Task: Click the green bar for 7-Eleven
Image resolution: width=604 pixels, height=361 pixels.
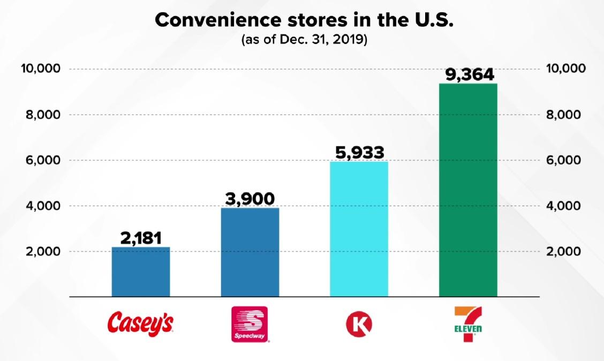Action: tap(468, 190)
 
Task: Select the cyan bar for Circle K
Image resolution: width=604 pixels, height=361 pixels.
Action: tap(359, 229)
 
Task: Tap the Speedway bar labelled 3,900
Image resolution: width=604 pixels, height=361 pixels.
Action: tap(250, 252)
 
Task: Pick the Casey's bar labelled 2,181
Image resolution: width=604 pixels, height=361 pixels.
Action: tap(141, 271)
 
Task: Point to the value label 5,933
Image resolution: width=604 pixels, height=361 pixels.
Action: tap(359, 152)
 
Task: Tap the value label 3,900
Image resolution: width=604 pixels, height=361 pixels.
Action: tap(250, 199)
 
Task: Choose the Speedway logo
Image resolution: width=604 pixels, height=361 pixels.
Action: tap(250, 324)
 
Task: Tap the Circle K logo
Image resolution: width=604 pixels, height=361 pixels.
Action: tap(359, 324)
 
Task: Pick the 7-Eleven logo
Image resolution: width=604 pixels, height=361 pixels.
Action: tap(467, 324)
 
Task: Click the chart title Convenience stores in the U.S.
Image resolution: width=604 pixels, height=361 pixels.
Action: tap(304, 20)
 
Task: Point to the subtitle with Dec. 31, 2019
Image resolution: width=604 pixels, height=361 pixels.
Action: tap(304, 40)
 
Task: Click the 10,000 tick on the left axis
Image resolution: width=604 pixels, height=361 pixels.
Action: tap(41, 69)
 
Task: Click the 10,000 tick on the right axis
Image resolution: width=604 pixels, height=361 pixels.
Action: tap(565, 69)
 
